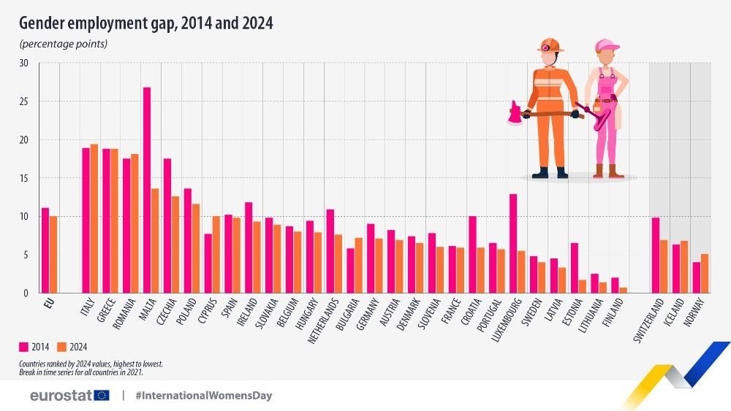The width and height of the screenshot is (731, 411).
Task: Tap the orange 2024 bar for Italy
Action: (94, 218)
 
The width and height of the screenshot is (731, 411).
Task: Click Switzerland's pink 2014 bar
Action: (656, 255)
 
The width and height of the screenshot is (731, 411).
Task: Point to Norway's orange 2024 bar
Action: (705, 273)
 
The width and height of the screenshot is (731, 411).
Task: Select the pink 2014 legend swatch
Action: (25, 347)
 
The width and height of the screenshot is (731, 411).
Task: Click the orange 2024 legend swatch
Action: (62, 347)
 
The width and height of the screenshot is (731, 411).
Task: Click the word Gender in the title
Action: (45, 23)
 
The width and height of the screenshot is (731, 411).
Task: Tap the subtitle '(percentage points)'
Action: (64, 44)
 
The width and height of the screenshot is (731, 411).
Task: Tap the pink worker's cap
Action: (606, 45)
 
